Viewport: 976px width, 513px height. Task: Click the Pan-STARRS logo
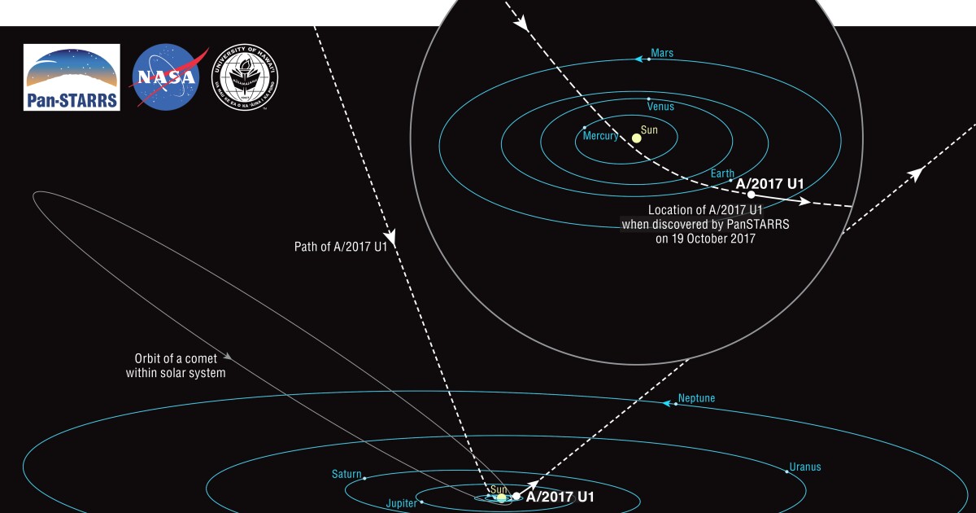click(72, 77)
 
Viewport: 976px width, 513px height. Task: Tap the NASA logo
click(167, 77)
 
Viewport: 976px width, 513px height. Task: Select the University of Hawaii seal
click(246, 77)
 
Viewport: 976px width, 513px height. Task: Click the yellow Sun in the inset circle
click(637, 138)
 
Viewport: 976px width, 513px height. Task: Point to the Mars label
click(663, 54)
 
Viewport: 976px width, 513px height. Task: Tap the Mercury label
click(601, 136)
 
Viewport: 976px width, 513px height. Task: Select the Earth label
click(722, 173)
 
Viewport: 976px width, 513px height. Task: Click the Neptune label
click(696, 399)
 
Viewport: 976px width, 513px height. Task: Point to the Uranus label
click(805, 467)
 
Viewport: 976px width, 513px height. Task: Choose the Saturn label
click(346, 474)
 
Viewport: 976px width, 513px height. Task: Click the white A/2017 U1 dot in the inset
click(751, 195)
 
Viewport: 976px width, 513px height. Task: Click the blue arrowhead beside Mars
click(640, 59)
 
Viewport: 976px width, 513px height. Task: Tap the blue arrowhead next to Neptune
click(670, 403)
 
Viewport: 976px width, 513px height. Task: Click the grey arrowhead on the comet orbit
click(229, 356)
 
